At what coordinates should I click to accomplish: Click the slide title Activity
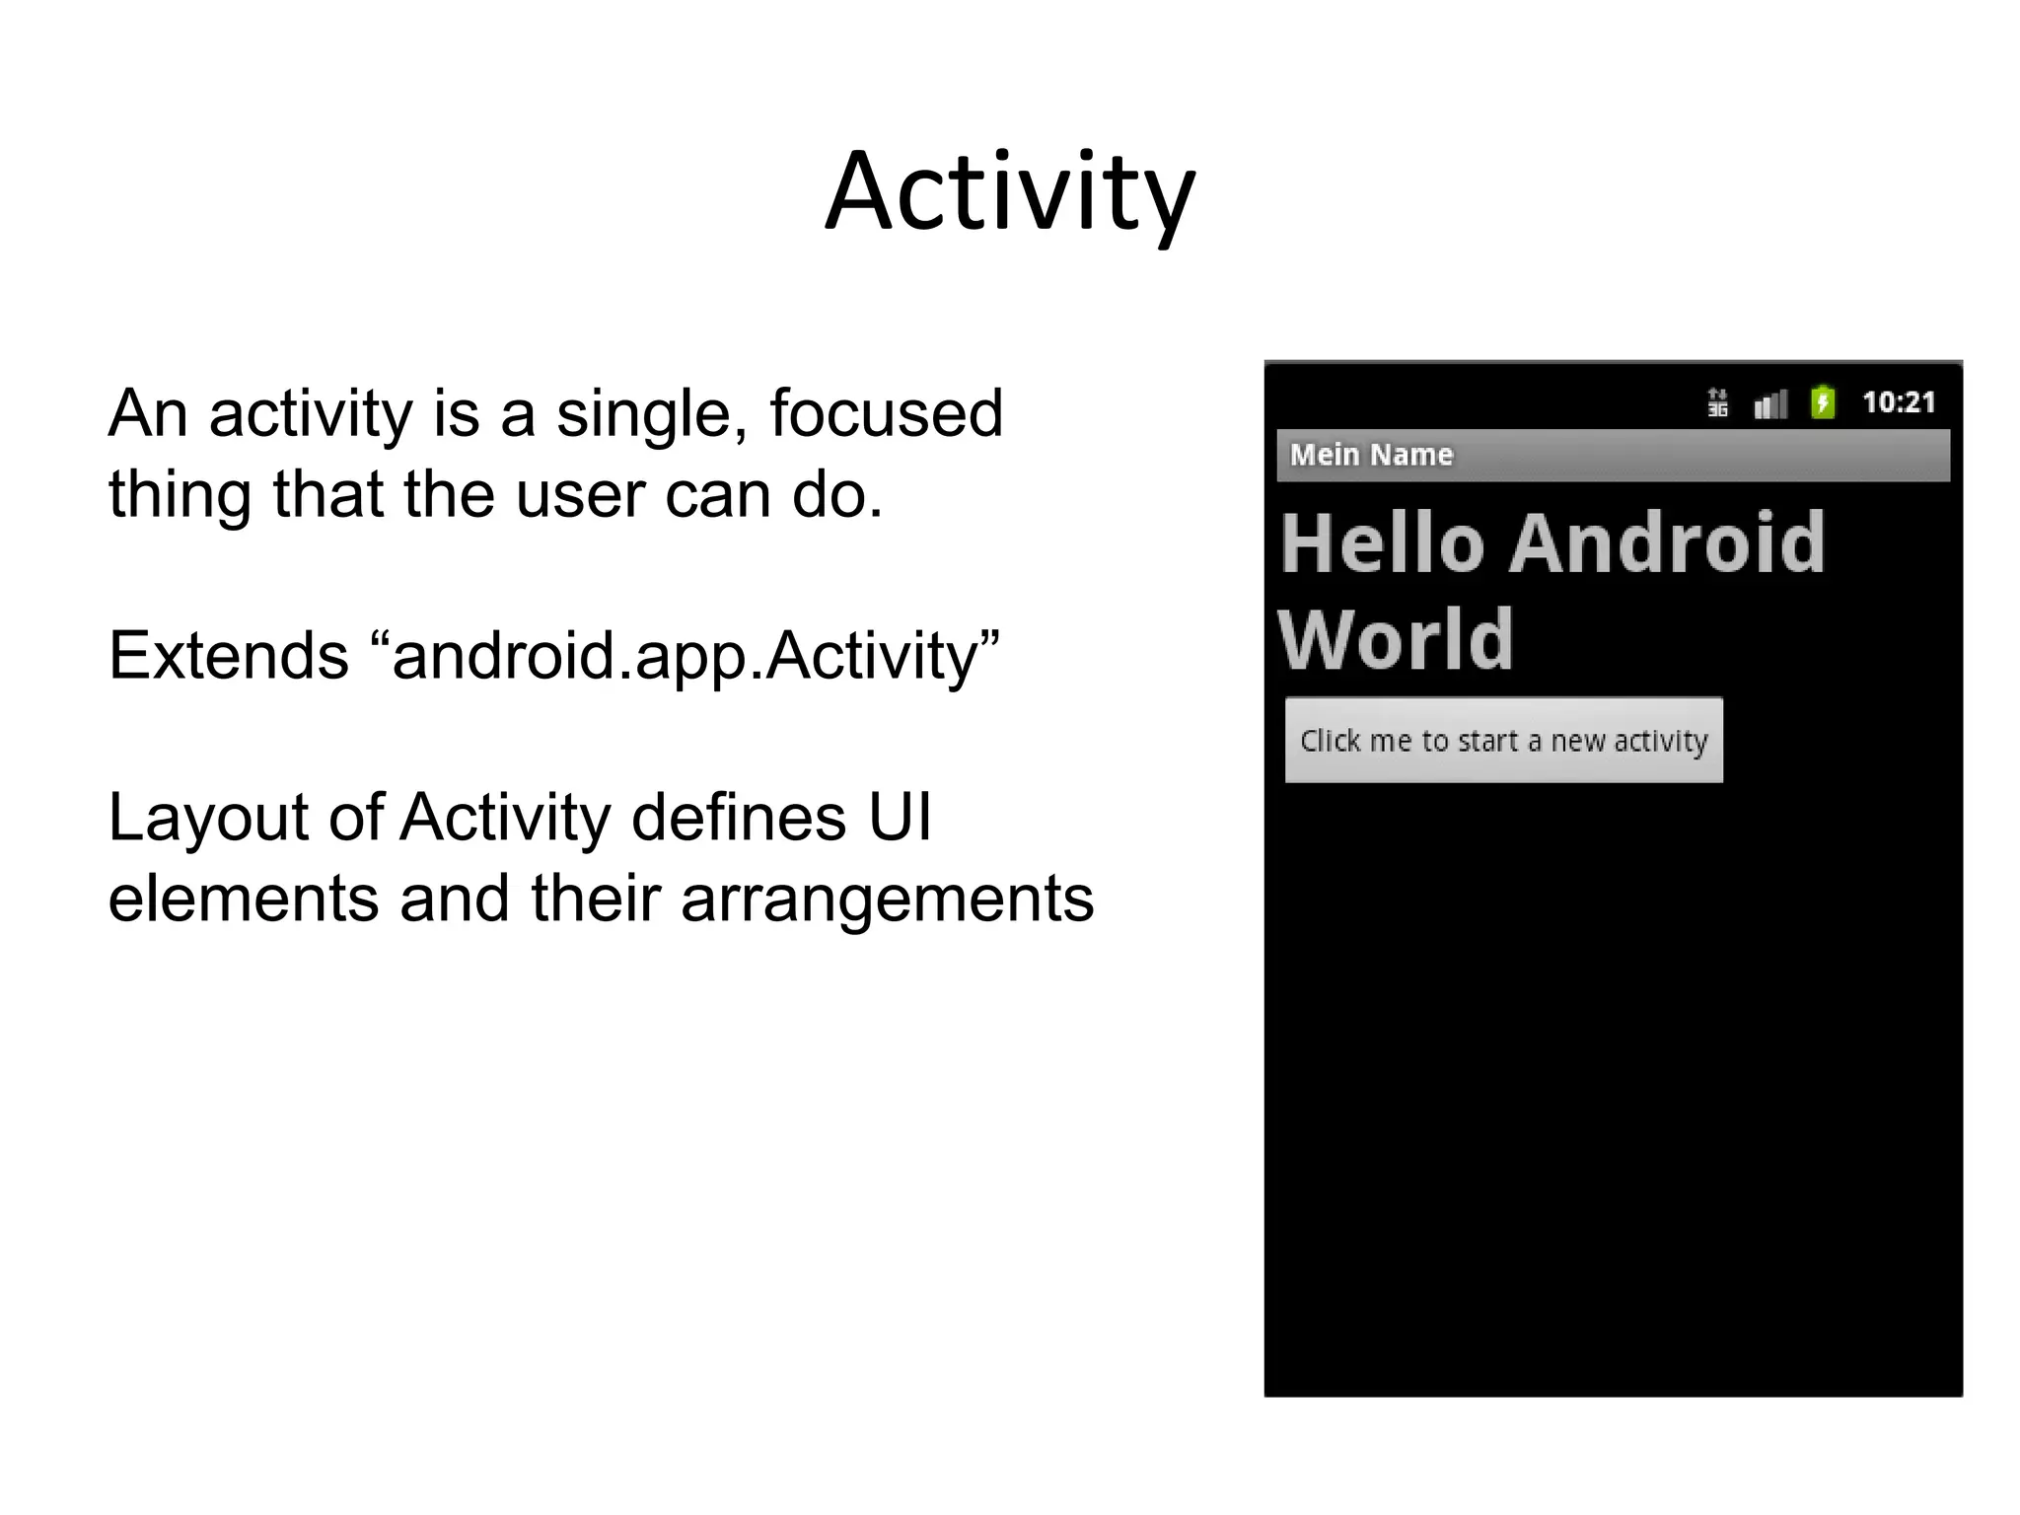1010,192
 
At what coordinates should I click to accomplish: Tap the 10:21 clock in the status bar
1898,402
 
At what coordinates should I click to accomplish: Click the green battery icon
1823,402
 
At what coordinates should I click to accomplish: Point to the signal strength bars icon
1770,403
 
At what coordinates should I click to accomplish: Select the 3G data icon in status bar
1717,402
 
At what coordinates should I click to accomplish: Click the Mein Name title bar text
1371,455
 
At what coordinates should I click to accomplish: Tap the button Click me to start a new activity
1503,741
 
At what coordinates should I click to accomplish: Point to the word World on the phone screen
1396,641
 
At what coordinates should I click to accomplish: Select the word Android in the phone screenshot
1667,543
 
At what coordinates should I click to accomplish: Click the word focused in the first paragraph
886,413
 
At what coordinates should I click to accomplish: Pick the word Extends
228,656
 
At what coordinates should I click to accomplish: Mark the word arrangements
887,900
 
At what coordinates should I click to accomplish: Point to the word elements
243,899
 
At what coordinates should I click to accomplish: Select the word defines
739,818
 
